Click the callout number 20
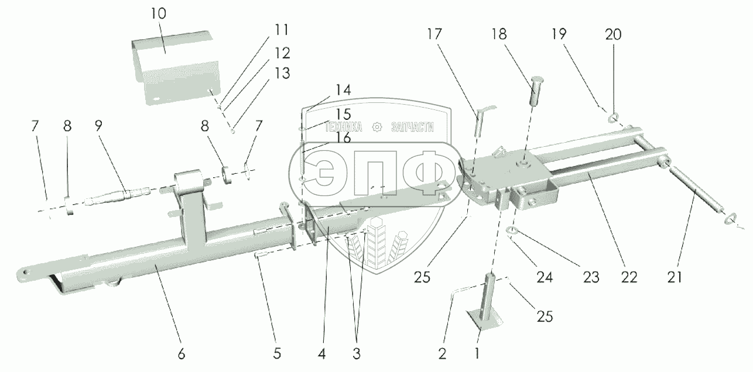pyautogui.click(x=614, y=36)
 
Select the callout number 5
pyautogui.click(x=277, y=353)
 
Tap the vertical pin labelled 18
pyautogui.click(x=538, y=91)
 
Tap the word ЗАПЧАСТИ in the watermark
pyautogui.click(x=409, y=127)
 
